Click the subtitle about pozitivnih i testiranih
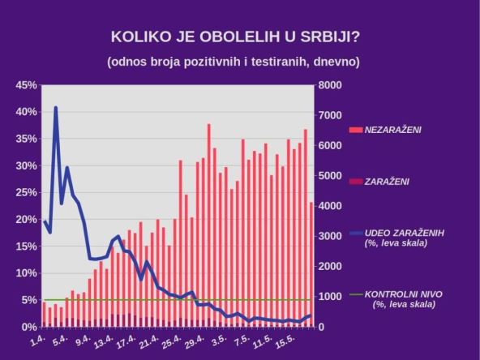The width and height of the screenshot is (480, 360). tap(233, 62)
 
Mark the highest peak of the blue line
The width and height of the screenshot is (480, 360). tap(56, 107)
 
